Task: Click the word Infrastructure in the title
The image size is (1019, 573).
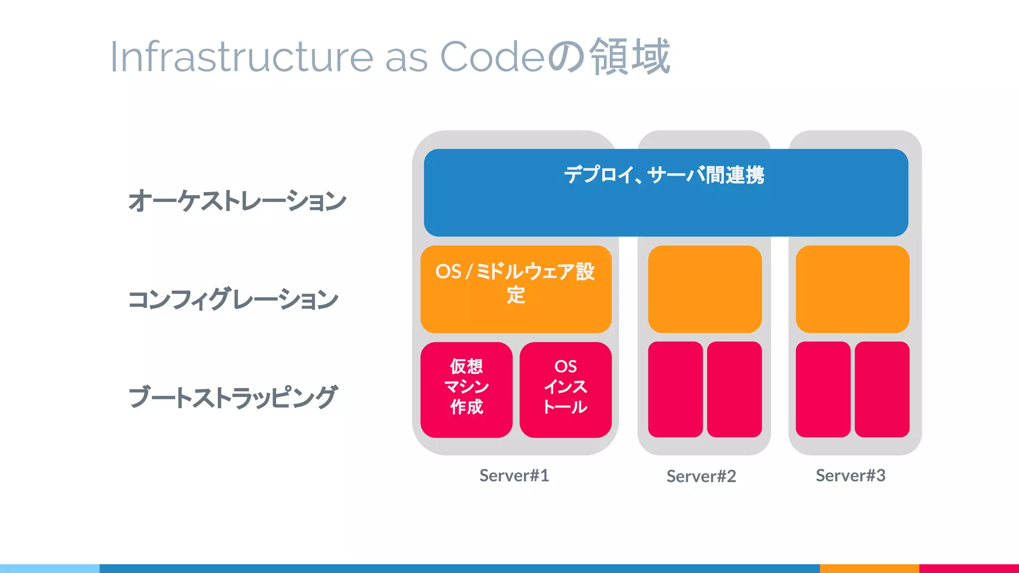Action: pos(241,57)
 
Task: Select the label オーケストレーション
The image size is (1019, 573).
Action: pos(237,200)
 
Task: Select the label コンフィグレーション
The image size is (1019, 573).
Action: pos(233,299)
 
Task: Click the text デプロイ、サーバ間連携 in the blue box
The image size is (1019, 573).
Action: pos(664,175)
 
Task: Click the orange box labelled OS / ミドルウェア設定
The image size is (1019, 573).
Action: pos(516,288)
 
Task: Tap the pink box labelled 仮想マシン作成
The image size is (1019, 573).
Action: pos(466,389)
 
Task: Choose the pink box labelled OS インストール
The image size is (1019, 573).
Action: pos(565,389)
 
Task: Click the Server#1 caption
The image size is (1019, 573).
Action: pos(514,476)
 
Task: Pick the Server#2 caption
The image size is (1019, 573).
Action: pos(701,477)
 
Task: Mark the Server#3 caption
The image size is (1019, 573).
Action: pos(850,476)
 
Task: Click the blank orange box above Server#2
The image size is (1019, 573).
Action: pos(705,289)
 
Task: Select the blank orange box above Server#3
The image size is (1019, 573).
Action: pos(852,289)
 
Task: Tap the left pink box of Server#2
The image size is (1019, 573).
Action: pos(675,389)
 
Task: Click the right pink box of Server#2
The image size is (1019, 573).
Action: pos(734,389)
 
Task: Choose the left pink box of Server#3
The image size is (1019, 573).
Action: pos(823,389)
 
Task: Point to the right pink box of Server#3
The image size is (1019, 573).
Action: pos(882,389)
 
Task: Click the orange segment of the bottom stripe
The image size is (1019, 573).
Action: pos(869,568)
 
